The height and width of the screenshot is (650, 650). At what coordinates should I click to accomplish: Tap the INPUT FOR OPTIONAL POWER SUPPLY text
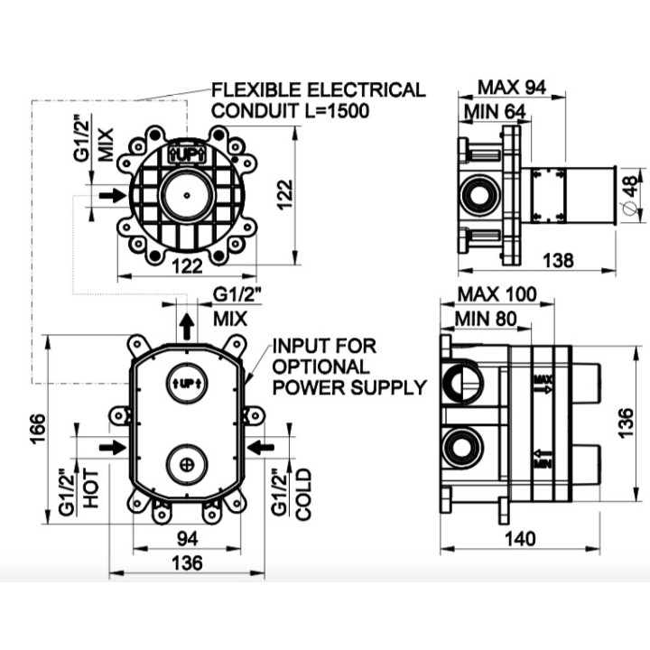[x=348, y=367]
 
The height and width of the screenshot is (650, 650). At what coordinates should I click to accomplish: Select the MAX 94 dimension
[x=512, y=88]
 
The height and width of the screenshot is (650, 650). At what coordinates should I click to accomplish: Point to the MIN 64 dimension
[x=496, y=112]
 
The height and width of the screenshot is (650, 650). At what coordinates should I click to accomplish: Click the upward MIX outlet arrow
[x=185, y=326]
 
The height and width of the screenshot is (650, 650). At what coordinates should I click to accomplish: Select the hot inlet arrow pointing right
[x=113, y=447]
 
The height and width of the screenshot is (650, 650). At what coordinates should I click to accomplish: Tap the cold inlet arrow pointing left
[x=259, y=447]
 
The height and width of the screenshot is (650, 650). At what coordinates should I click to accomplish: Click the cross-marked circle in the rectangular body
[x=186, y=464]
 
